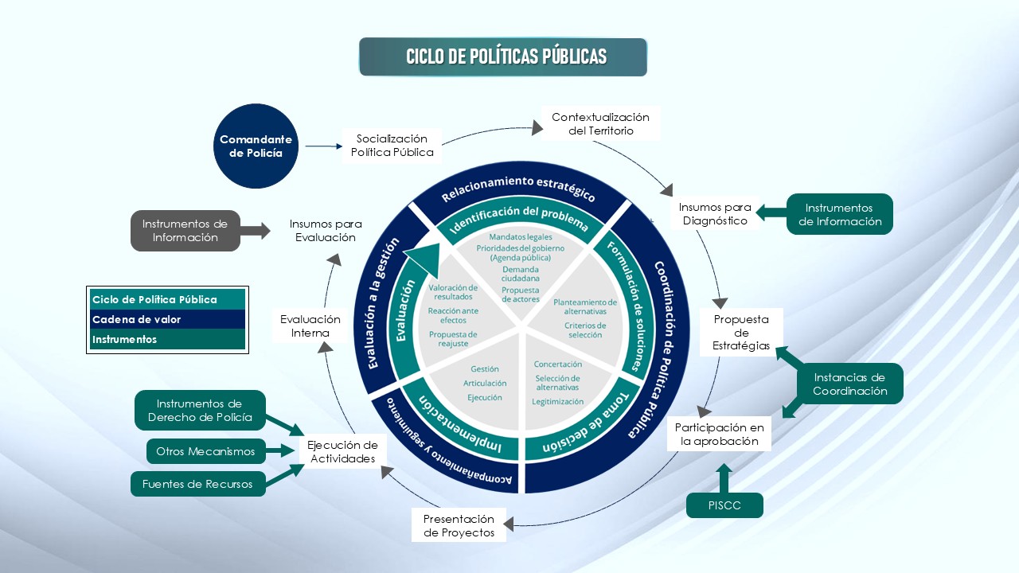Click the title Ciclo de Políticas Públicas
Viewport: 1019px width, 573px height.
click(503, 57)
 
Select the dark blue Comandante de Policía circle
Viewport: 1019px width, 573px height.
click(256, 146)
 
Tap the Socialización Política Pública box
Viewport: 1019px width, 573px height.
click(392, 146)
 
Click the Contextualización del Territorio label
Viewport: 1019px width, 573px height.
click(600, 123)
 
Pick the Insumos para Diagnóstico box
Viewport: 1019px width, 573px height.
click(714, 214)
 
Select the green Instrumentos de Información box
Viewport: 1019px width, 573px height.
click(839, 214)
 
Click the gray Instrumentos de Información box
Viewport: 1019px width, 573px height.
click(185, 230)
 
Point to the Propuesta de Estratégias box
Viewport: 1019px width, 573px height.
click(741, 332)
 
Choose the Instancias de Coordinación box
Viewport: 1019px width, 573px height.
click(849, 384)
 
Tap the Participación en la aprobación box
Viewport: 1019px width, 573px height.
click(719, 434)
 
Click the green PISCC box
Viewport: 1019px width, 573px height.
click(724, 505)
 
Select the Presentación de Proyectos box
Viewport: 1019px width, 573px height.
click(459, 525)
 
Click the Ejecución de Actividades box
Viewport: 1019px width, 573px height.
click(342, 451)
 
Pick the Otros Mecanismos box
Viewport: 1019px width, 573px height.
click(205, 451)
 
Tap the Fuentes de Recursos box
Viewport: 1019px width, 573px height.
click(197, 483)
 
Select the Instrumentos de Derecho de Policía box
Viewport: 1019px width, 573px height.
click(199, 410)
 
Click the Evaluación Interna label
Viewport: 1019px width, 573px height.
click(310, 325)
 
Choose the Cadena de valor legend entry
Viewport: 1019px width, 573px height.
click(167, 319)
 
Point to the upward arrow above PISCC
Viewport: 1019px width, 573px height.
click(724, 478)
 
